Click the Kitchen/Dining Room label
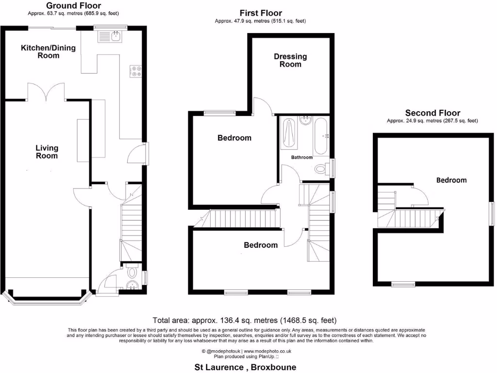pyautogui.click(x=40, y=51)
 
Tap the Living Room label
pyautogui.click(x=47, y=152)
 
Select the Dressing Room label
pyautogui.click(x=290, y=60)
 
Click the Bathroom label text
pyautogui.click(x=302, y=157)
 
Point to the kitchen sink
pyautogui.click(x=111, y=36)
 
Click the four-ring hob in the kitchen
pyautogui.click(x=135, y=71)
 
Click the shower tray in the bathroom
pyautogui.click(x=288, y=134)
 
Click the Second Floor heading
pyautogui.click(x=432, y=113)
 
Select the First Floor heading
pyautogui.click(x=261, y=13)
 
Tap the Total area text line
pyautogui.click(x=244, y=321)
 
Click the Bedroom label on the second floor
pyautogui.click(x=451, y=180)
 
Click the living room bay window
pyautogui.click(x=47, y=298)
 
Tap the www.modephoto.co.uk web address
pyautogui.click(x=267, y=351)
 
